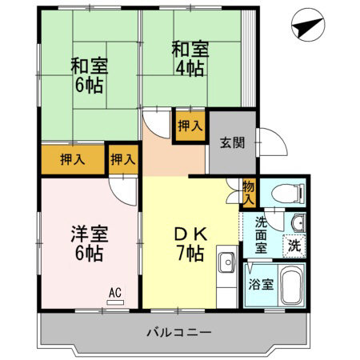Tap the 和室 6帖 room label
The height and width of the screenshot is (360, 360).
point(89,74)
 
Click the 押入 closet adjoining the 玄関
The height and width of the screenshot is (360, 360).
point(190,126)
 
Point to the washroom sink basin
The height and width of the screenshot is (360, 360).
point(297,223)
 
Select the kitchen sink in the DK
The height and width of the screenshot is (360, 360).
point(226,262)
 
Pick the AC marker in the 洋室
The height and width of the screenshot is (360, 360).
point(114,294)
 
